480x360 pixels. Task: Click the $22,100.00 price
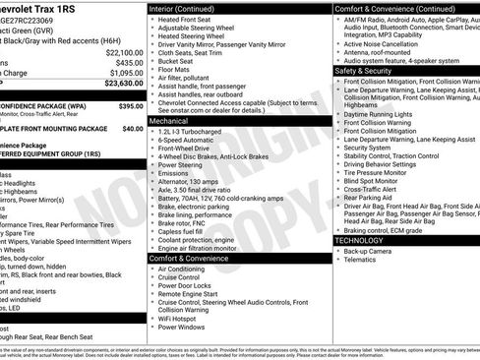point(124,51)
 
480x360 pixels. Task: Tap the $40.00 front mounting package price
point(132,128)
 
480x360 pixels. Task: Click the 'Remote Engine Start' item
point(193,293)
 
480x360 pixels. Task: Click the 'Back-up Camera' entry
point(369,251)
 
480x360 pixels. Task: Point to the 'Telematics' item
point(361,261)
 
